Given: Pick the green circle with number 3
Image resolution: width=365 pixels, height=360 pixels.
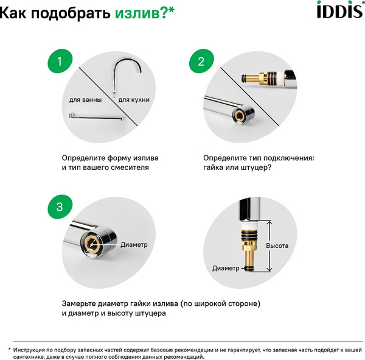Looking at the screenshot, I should click(x=59, y=206).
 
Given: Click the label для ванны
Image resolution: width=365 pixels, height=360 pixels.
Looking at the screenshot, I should click(x=84, y=99).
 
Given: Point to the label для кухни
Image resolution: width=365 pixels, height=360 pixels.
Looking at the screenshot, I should click(x=134, y=99).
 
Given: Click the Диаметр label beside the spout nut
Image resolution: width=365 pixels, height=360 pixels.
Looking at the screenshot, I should click(x=134, y=244).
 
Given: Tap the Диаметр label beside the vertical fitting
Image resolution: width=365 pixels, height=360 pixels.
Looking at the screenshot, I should click(x=226, y=267).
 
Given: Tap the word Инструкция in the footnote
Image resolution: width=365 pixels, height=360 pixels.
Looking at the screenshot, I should click(x=32, y=350).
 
